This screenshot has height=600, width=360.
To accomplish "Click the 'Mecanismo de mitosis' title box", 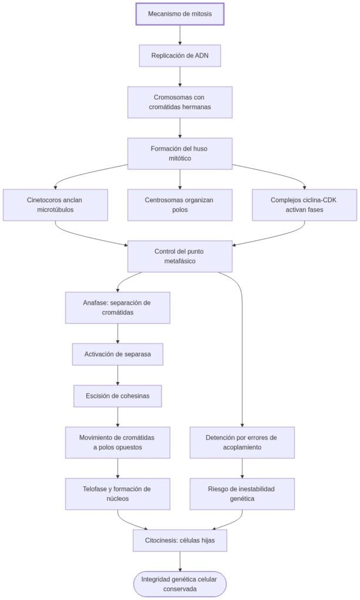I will (180, 14).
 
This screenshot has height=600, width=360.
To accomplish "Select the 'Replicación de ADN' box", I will (180, 56).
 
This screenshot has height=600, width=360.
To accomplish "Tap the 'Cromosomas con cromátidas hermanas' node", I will (180, 102).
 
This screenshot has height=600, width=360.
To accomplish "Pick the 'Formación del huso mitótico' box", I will (180, 154).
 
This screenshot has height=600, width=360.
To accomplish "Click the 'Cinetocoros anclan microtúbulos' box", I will (55, 204).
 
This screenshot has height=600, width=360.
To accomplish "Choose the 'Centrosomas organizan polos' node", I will (180, 204).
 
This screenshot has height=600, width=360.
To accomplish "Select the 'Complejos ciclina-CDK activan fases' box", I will (304, 204).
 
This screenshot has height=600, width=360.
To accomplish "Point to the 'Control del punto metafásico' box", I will (180, 256).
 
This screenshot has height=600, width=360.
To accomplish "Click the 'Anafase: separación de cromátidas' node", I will (118, 308).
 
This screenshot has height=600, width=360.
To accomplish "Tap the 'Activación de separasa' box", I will (118, 354).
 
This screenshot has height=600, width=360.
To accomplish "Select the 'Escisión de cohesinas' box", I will (118, 396).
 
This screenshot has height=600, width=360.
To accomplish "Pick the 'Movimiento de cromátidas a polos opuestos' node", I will (118, 442).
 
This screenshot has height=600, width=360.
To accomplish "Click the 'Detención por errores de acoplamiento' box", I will (242, 442).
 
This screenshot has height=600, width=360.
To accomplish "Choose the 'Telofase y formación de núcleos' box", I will (118, 493).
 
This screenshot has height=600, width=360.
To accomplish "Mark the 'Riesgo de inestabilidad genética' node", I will (242, 493).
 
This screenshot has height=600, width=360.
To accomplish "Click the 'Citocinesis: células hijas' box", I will (180, 540).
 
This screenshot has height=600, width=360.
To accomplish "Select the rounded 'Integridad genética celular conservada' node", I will (180, 584).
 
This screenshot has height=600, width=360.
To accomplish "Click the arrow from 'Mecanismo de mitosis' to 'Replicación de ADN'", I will (180, 35).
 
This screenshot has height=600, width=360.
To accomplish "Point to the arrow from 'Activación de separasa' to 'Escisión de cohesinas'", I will (118, 375).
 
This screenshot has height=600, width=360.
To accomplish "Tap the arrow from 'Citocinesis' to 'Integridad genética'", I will (180, 561).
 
